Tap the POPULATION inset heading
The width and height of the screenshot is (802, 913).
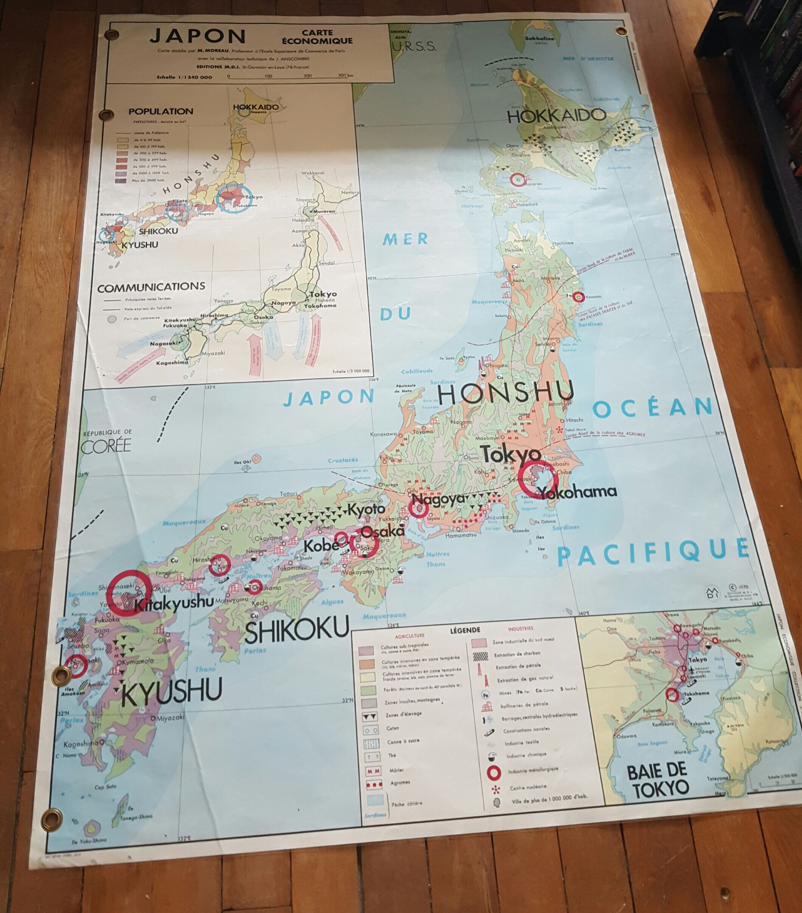point(161,112)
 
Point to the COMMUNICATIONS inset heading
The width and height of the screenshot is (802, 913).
point(151,287)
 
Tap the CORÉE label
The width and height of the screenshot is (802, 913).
point(107,446)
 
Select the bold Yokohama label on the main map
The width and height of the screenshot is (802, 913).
point(577,492)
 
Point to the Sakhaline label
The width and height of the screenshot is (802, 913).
point(539,38)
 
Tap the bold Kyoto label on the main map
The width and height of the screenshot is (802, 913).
point(366,509)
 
